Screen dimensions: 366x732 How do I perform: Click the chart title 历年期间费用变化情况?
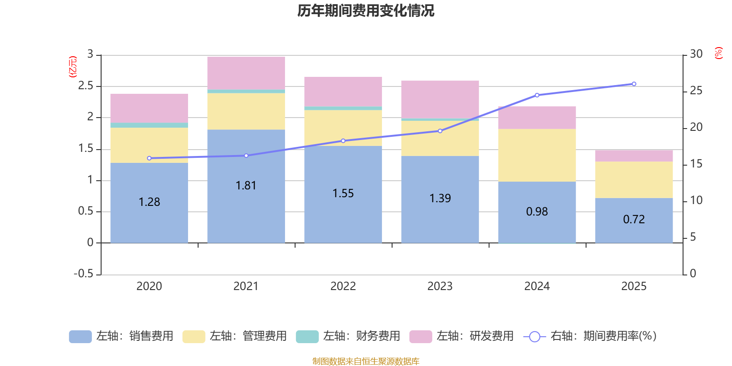366,11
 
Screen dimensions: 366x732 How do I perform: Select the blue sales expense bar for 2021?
246,206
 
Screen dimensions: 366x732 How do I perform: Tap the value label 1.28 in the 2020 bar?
149,202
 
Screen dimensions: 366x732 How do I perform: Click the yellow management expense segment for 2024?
537,155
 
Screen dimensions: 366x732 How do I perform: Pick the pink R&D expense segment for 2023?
440,99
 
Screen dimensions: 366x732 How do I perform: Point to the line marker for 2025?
634,84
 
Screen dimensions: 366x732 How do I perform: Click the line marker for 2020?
149,158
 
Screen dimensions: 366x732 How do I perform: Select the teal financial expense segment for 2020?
149,125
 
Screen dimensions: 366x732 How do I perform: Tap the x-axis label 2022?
343,286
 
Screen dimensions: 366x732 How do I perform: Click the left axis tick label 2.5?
86,86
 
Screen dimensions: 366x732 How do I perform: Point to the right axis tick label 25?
696,91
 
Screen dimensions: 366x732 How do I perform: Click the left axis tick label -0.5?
83,274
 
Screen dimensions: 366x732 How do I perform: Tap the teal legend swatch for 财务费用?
307,336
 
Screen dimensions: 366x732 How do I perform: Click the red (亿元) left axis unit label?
73,67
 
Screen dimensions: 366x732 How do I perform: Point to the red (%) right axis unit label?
718,53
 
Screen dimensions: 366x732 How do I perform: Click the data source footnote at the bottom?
366,361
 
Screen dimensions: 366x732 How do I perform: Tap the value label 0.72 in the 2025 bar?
634,220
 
